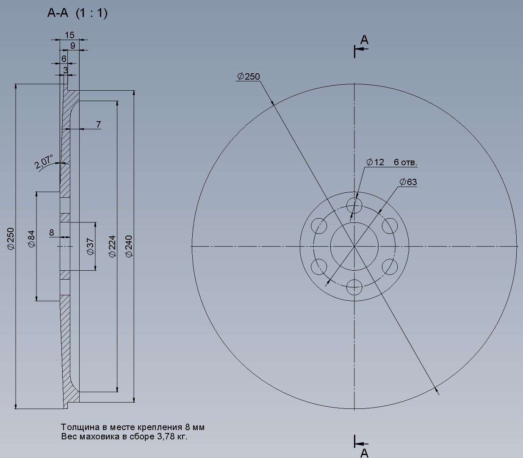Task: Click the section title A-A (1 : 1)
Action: (x=77, y=13)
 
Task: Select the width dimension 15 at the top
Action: (x=69, y=35)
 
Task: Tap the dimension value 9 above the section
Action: (x=73, y=45)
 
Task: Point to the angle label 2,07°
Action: (x=44, y=162)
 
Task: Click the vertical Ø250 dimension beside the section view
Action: (x=11, y=239)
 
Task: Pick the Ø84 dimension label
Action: (x=31, y=239)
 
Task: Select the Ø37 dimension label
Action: (x=91, y=246)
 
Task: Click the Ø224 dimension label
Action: (x=112, y=247)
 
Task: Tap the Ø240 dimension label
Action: (x=129, y=247)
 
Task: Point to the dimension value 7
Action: (x=99, y=124)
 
